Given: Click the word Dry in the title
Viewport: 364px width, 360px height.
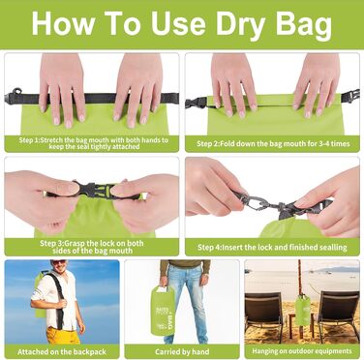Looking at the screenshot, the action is (x=240, y=24).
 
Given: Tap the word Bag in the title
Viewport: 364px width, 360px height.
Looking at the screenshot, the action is (x=304, y=24).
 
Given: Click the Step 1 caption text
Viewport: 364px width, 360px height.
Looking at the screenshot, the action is (x=94, y=143).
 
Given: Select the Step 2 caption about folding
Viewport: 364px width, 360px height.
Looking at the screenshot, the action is (x=273, y=143).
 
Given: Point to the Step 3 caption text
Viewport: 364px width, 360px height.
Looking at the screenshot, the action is (x=92, y=247).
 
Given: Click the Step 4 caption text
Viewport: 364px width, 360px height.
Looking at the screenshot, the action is (x=272, y=248).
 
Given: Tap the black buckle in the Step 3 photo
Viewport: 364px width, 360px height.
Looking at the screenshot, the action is (x=94, y=191).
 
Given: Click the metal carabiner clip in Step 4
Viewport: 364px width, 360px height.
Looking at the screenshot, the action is (x=253, y=202).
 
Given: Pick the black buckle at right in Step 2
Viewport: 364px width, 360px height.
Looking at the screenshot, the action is (x=350, y=96).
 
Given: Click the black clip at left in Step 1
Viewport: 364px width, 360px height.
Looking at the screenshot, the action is (x=14, y=96).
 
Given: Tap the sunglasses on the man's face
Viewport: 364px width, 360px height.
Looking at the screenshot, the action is (x=60, y=262).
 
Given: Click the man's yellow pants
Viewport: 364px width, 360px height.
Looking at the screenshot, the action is (x=63, y=335).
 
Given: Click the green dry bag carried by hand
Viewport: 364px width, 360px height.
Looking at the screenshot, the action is (x=163, y=310).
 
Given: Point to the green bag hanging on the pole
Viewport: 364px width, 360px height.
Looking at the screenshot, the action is (x=303, y=310).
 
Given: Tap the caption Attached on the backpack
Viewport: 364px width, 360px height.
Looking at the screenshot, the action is (x=62, y=351).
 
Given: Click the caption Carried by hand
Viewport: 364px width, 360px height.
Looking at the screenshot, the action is (x=182, y=351).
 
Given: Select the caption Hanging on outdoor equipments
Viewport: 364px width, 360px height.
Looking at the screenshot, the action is (x=302, y=351).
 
